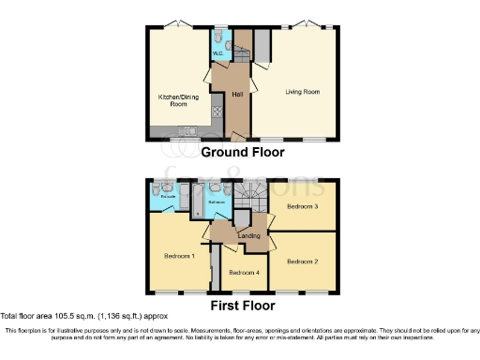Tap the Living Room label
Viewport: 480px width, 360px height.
point(302,91)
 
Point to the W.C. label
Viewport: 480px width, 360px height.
point(217,53)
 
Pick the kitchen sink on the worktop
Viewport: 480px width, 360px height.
point(186,130)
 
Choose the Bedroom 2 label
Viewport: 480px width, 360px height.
point(303,262)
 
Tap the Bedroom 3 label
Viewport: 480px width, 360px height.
point(302,205)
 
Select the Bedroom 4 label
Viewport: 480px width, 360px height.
point(245,273)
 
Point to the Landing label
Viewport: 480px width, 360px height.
point(249,235)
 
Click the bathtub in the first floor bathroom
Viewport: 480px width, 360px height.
point(199,199)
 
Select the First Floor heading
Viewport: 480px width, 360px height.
point(243,306)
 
